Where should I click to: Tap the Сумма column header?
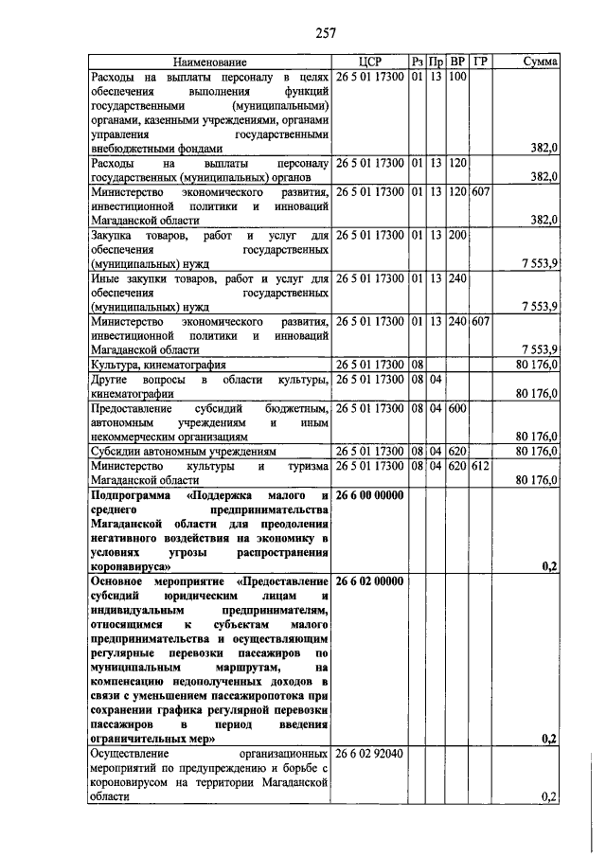tap(541, 62)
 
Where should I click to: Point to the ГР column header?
tap(481, 62)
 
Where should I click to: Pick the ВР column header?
tap(458, 62)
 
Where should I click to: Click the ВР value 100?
tap(458, 77)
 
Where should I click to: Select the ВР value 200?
tap(458, 234)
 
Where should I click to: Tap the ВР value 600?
tap(458, 408)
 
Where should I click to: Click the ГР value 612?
tap(481, 467)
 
